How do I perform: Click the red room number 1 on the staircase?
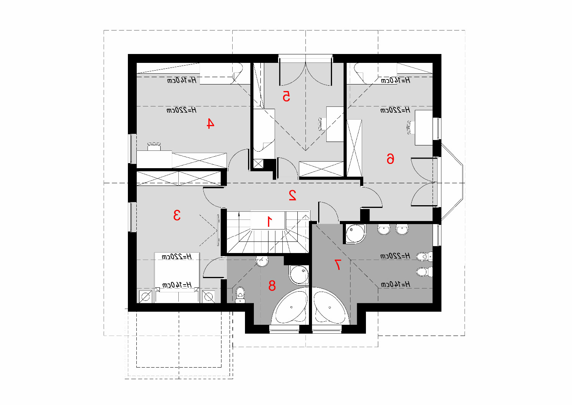click(x=269, y=221)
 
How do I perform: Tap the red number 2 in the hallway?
click(x=292, y=195)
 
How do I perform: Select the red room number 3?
click(x=177, y=215)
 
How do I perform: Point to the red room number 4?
click(x=210, y=123)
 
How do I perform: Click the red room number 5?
click(x=286, y=96)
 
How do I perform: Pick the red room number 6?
click(x=390, y=159)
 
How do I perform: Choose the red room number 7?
click(x=337, y=264)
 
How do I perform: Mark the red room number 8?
click(x=272, y=285)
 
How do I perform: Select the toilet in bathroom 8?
click(x=240, y=295)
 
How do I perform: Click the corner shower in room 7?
click(x=355, y=234)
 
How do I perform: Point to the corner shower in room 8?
click(x=299, y=275)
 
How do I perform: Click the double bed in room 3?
click(x=177, y=278)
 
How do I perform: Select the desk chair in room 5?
click(x=322, y=124)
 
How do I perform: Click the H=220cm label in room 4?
click(x=181, y=110)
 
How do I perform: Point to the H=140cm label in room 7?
click(x=396, y=284)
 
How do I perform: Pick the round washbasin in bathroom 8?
click(x=262, y=261)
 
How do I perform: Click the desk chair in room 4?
click(x=154, y=147)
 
